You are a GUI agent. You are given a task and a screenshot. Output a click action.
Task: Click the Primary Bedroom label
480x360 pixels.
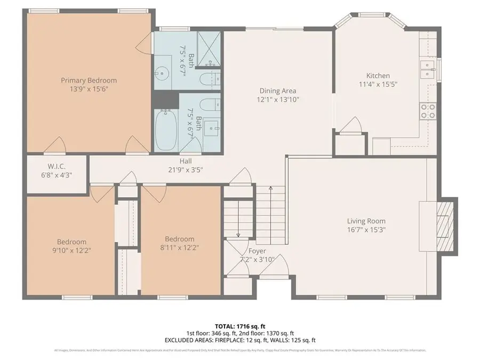click(x=89, y=81)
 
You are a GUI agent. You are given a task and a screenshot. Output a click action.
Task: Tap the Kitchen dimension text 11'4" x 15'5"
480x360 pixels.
click(x=378, y=84)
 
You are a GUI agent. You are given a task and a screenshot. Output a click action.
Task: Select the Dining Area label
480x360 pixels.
click(x=277, y=91)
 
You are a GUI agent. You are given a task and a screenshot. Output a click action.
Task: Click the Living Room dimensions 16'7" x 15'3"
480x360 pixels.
click(x=366, y=230)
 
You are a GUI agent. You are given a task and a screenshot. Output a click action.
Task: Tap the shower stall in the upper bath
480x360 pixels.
click(x=209, y=50)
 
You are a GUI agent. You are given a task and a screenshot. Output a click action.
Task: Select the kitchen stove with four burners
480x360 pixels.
click(x=428, y=111)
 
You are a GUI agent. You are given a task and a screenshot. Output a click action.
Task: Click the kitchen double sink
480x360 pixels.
click(x=427, y=70)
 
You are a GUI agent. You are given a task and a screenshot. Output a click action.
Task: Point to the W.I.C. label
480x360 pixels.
click(x=57, y=166)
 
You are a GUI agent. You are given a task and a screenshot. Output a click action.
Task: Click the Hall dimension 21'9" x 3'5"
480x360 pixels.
click(x=186, y=170)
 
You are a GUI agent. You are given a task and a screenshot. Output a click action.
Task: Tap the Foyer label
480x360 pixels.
click(x=257, y=251)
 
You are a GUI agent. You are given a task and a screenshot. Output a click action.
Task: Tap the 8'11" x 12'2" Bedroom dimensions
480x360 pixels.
click(x=180, y=247)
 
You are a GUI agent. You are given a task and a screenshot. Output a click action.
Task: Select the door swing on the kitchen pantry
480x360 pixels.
click(x=351, y=126)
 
